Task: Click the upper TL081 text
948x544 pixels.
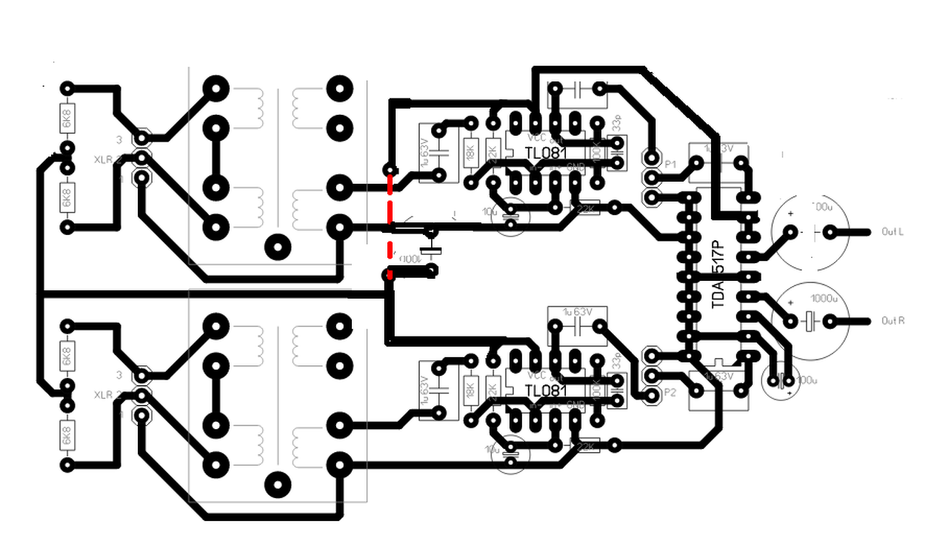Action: (x=545, y=153)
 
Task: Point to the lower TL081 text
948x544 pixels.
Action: (x=545, y=391)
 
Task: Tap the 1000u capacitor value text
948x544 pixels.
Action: (x=824, y=299)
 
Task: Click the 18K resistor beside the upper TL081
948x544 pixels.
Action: (x=470, y=154)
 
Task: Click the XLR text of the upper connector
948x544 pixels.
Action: (x=103, y=159)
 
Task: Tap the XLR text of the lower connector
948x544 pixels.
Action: (x=103, y=395)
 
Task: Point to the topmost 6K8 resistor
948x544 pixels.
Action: (x=67, y=119)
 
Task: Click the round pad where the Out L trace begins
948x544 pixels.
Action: (x=829, y=232)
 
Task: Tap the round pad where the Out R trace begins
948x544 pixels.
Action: (x=829, y=321)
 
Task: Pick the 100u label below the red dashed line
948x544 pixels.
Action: (x=410, y=259)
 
